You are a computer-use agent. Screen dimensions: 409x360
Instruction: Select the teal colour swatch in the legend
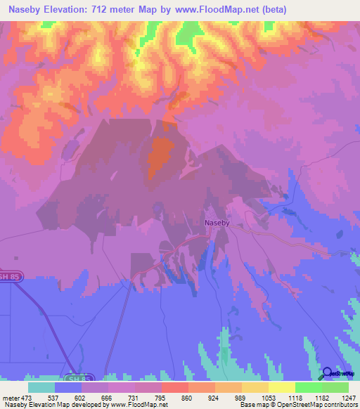tap(41, 387)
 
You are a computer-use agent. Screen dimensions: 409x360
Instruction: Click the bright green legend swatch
tap(308, 387)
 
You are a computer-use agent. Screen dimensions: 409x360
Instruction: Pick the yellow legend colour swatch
tap(281, 387)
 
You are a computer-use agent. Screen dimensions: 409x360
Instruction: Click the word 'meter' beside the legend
tap(11, 398)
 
